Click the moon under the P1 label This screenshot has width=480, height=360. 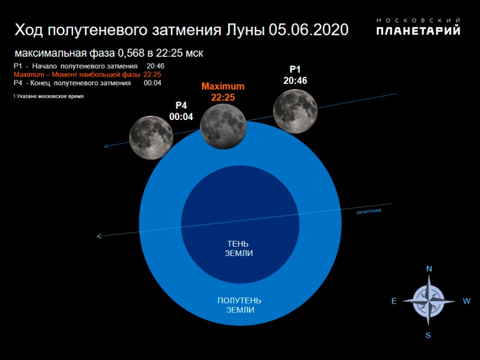click(x=295, y=110)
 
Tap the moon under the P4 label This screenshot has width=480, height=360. click(x=151, y=137)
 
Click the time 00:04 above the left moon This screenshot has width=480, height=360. click(x=181, y=116)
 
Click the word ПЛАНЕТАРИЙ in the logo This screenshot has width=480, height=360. click(x=419, y=31)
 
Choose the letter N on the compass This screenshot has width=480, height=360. click(x=429, y=269)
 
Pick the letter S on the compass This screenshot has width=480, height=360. click(x=428, y=335)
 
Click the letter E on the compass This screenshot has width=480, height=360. click(x=394, y=302)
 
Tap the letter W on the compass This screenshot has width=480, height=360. click(x=466, y=302)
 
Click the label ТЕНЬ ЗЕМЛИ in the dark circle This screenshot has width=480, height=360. click(x=239, y=248)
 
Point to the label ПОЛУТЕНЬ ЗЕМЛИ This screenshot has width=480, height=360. click(x=239, y=305)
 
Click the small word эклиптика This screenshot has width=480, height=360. click(x=368, y=211)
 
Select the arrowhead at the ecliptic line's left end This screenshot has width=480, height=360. click(x=100, y=236)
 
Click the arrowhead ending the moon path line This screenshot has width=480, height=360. click(x=106, y=146)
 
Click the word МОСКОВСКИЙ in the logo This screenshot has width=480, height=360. click(x=419, y=20)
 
